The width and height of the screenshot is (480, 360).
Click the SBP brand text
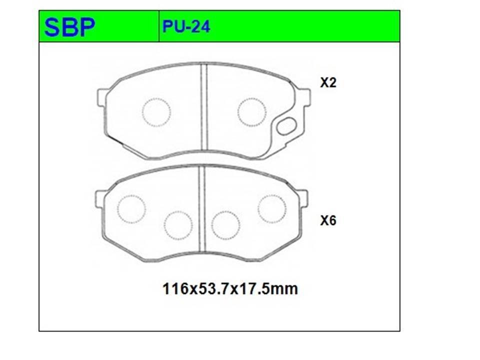point(70,27)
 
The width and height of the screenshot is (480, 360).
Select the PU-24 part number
point(186,26)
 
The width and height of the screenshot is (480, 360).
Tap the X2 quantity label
point(328,82)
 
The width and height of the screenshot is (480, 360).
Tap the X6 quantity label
point(328,220)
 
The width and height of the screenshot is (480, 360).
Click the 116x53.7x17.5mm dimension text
point(230,288)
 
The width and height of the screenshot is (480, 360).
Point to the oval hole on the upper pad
point(286,126)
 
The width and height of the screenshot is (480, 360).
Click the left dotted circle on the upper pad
point(156,112)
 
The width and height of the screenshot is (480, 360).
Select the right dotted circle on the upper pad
point(252,112)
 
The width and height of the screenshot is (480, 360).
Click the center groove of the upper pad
point(204,107)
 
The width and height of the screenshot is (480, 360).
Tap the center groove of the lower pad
point(201,209)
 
